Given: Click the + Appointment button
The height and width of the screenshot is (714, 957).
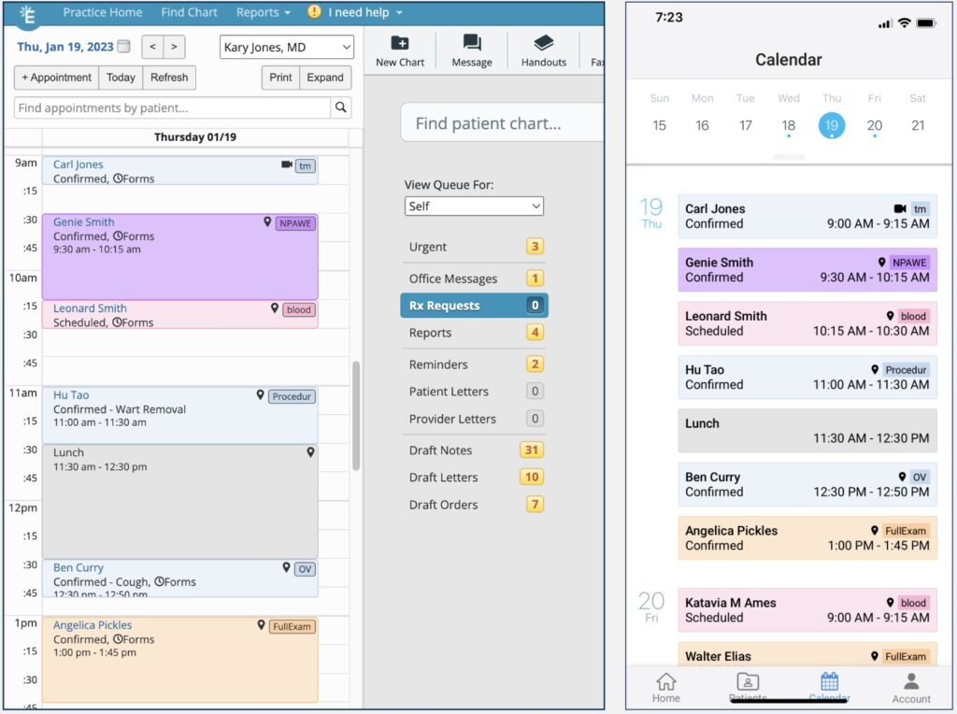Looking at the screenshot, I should click(x=56, y=78).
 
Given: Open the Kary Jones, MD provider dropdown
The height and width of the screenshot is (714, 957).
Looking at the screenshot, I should click(x=287, y=47).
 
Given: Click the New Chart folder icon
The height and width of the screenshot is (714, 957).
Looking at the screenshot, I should click(x=399, y=43).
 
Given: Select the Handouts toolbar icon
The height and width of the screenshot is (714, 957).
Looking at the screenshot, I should click(x=543, y=43).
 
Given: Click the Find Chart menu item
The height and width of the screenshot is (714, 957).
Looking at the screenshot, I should click(x=189, y=12).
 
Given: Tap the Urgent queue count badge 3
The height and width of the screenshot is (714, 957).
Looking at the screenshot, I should click(x=535, y=247).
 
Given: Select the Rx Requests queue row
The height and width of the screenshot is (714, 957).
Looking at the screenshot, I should click(x=474, y=306).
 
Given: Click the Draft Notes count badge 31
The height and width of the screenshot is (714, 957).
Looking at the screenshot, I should click(x=532, y=450).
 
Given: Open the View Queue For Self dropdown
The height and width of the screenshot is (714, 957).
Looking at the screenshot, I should click(x=474, y=206).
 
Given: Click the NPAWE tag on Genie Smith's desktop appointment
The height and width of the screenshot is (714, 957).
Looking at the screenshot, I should click(x=294, y=223).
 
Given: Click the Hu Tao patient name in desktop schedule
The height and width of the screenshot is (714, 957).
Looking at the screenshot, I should click(x=71, y=395).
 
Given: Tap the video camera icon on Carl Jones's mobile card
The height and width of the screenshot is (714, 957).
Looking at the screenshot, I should click(x=900, y=209).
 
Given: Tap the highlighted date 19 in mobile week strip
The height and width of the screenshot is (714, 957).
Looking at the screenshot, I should click(x=832, y=125).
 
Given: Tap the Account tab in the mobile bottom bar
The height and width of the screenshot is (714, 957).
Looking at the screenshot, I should click(x=911, y=687).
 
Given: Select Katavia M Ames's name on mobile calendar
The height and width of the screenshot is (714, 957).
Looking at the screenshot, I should click(x=730, y=603).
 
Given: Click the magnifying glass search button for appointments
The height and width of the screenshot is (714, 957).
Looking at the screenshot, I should click(x=342, y=107).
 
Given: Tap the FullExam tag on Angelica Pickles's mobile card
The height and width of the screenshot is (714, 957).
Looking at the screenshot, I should click(x=905, y=531).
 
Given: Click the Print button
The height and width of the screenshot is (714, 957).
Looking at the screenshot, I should click(x=280, y=78).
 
